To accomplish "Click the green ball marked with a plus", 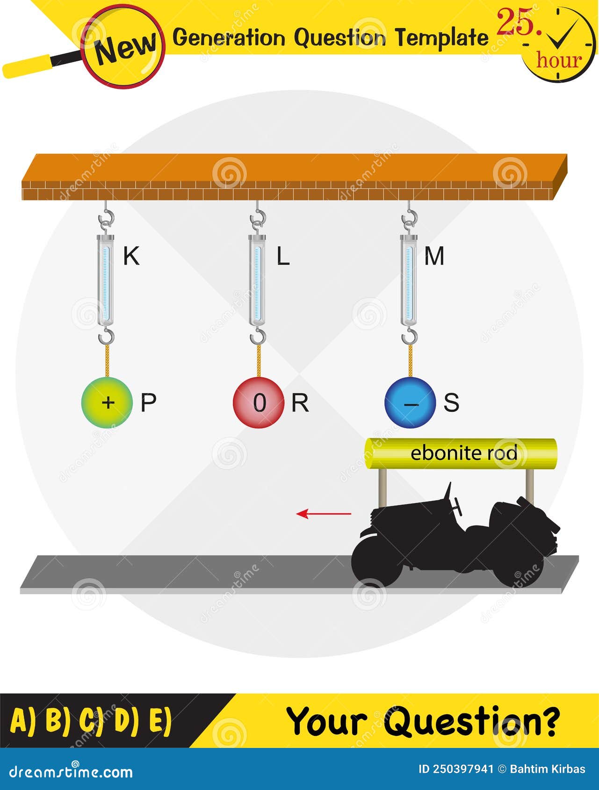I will pyautogui.click(x=107, y=402).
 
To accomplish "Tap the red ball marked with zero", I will pyautogui.click(x=259, y=402).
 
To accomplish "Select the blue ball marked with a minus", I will pyautogui.click(x=410, y=403).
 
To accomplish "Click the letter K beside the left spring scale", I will pyautogui.click(x=131, y=256).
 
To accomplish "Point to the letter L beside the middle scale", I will pyautogui.click(x=283, y=256).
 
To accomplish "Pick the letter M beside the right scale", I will pyautogui.click(x=434, y=256).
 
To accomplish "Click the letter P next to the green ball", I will pyautogui.click(x=148, y=402).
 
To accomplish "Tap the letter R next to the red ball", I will pyautogui.click(x=300, y=402).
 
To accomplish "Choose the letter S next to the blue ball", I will pyautogui.click(x=451, y=402).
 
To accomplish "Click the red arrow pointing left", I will pyautogui.click(x=324, y=514).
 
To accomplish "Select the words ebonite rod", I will pyautogui.click(x=463, y=453).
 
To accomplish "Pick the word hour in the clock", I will pyautogui.click(x=559, y=60).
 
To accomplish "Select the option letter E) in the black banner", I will pyautogui.click(x=160, y=720).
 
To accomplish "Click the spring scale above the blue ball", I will pyautogui.click(x=408, y=280).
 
